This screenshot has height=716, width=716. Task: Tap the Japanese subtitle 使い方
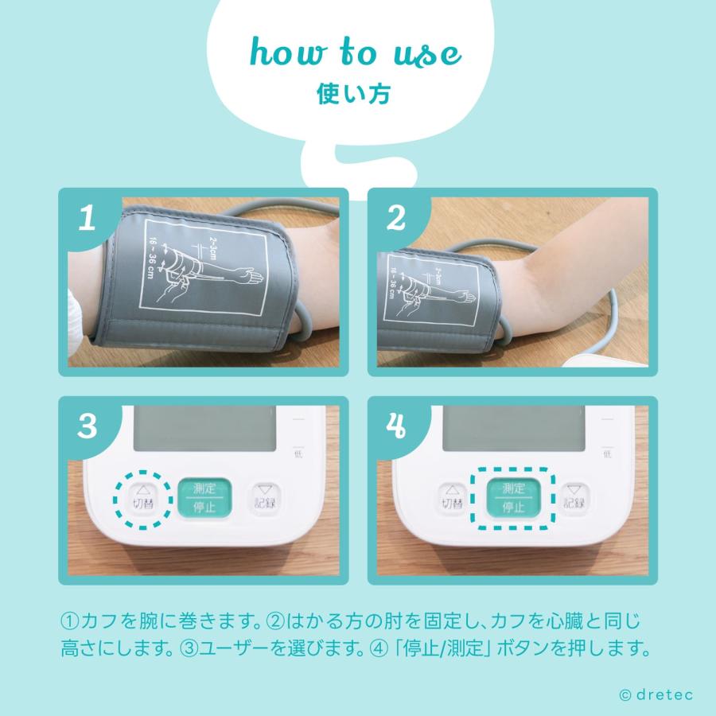pyautogui.click(x=353, y=94)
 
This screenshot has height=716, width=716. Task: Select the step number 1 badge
pyautogui.click(x=87, y=218)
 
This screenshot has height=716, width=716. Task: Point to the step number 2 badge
pyautogui.click(x=395, y=218)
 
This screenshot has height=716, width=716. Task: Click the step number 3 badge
pyautogui.click(x=88, y=426)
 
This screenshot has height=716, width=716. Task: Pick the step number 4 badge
pyautogui.click(x=395, y=426)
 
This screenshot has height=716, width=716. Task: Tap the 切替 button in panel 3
pyautogui.click(x=143, y=499)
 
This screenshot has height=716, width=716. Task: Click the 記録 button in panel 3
pyautogui.click(x=265, y=499)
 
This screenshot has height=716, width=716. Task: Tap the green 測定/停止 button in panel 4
pyautogui.click(x=513, y=498)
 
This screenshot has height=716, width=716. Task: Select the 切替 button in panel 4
pyautogui.click(x=452, y=499)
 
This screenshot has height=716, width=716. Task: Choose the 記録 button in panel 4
pyautogui.click(x=574, y=499)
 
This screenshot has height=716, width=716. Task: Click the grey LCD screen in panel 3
pyautogui.click(x=204, y=428)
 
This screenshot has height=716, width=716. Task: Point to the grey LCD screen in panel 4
pyautogui.click(x=514, y=428)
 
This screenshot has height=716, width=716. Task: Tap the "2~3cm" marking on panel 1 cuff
pyautogui.click(x=212, y=248)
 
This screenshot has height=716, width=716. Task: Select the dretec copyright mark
pyautogui.click(x=656, y=695)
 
